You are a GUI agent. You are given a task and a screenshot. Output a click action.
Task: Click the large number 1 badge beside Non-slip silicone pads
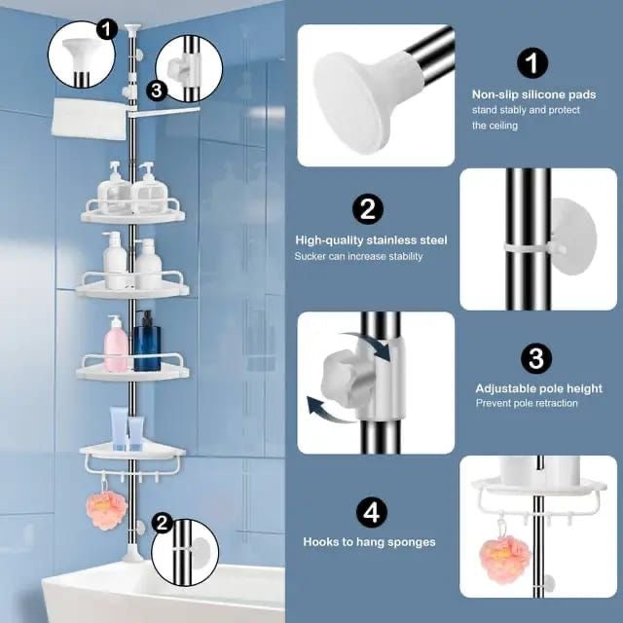532,64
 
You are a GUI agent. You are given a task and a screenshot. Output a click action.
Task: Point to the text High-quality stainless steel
372,239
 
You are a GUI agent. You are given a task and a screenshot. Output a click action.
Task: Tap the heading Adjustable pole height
538,388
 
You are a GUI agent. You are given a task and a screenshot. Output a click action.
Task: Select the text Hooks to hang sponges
369,541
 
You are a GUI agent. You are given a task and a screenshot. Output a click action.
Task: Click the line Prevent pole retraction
526,403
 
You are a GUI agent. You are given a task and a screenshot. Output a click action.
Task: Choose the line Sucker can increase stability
358,256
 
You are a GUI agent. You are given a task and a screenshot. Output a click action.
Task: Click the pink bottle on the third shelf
116,346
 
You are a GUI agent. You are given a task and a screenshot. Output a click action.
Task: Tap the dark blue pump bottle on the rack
146,343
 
